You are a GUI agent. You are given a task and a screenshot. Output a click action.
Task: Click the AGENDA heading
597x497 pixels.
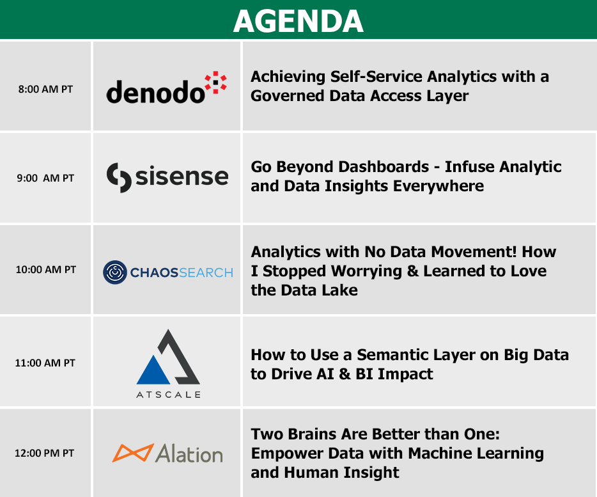coord(298,21)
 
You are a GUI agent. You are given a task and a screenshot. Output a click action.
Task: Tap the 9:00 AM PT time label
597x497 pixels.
coord(45,178)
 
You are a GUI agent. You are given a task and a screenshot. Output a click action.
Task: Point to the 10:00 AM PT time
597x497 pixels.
coord(45,269)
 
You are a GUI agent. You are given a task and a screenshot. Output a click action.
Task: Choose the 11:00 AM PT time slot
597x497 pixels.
coord(45,363)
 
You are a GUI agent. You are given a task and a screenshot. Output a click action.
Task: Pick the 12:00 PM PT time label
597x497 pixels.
coord(45,453)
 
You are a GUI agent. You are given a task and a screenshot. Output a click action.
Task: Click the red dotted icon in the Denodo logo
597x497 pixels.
coord(215,82)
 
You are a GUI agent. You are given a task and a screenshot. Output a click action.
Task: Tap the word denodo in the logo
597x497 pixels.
coord(155,92)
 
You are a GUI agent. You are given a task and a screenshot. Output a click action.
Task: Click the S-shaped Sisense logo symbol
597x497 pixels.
coord(119,178)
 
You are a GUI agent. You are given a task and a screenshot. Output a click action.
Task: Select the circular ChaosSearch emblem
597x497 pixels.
coord(115,272)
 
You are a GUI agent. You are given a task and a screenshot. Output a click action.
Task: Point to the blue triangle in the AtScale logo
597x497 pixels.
coord(153,370)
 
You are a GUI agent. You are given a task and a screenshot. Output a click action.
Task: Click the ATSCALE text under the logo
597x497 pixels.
coord(168,395)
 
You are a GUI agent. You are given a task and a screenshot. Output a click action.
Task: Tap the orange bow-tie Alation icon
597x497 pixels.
coord(133,453)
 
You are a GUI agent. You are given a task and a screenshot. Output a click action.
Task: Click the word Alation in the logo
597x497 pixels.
coord(189,454)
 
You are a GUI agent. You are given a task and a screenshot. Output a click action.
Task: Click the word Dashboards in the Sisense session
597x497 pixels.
coord(384,167)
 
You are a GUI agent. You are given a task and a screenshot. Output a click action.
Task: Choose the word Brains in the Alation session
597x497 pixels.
coord(311,434)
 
